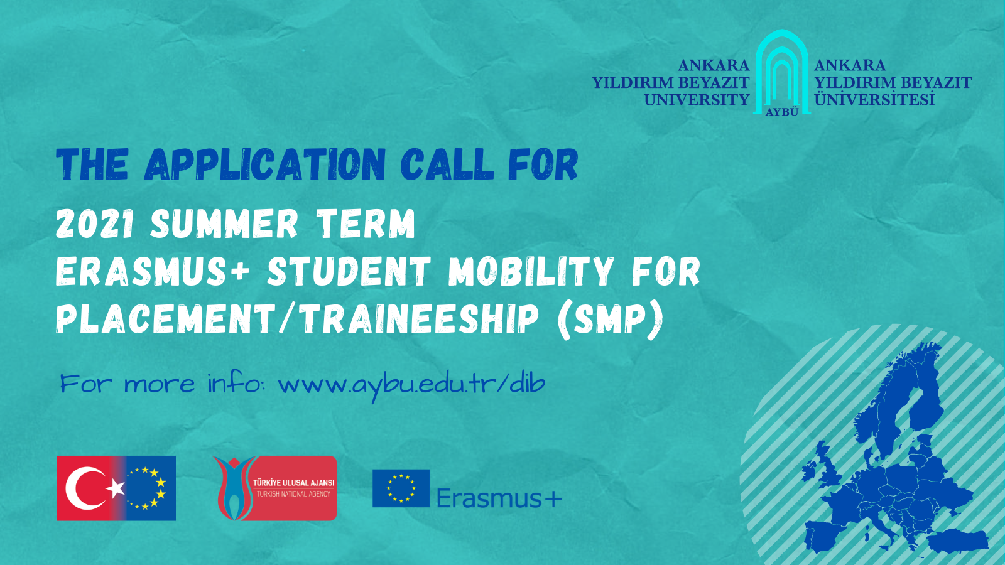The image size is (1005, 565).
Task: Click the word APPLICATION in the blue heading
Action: point(265,164)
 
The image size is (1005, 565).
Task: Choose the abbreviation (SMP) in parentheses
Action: point(610,320)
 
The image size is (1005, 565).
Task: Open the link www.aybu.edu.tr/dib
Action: point(412,385)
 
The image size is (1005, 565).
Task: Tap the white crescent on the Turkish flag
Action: point(85,488)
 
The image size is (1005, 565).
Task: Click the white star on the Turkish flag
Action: point(116,488)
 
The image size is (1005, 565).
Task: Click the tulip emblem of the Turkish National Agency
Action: point(234,488)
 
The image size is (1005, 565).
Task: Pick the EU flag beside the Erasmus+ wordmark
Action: point(401,488)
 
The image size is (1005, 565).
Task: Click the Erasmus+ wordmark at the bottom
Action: point(499,498)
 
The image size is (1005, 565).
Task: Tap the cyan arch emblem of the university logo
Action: point(782,72)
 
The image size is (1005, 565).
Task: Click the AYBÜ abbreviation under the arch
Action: point(782,112)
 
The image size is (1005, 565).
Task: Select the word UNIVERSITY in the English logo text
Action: point(697,100)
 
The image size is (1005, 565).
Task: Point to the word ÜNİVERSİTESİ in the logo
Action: point(874,99)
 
